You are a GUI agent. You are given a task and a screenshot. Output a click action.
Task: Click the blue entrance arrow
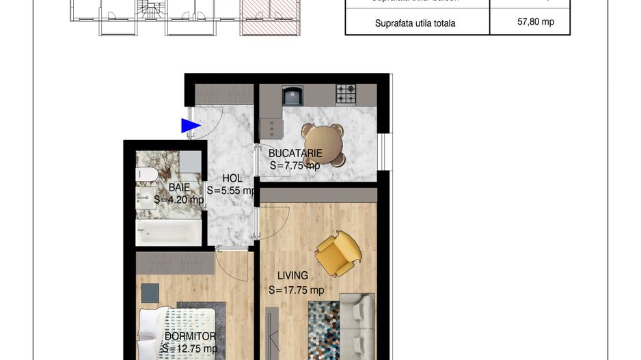(190, 126)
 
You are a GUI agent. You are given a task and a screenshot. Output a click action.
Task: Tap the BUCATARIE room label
(296, 154)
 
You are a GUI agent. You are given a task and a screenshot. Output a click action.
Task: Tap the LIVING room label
(292, 276)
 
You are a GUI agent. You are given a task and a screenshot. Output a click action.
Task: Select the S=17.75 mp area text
(296, 290)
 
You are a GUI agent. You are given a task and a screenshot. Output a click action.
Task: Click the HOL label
(232, 178)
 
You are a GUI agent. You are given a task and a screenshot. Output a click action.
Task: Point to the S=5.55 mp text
(232, 191)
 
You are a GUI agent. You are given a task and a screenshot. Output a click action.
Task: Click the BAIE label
(178, 187)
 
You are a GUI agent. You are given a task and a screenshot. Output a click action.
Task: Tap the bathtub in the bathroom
(169, 232)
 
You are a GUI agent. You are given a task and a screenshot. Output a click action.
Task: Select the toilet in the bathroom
(145, 175)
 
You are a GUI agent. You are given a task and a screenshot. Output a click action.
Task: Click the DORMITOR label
(190, 336)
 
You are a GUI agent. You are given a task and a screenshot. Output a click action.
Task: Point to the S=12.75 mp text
(189, 349)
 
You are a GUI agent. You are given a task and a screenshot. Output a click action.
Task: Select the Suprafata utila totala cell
(415, 23)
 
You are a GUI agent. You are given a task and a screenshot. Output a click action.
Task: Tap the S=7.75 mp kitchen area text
(295, 166)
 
